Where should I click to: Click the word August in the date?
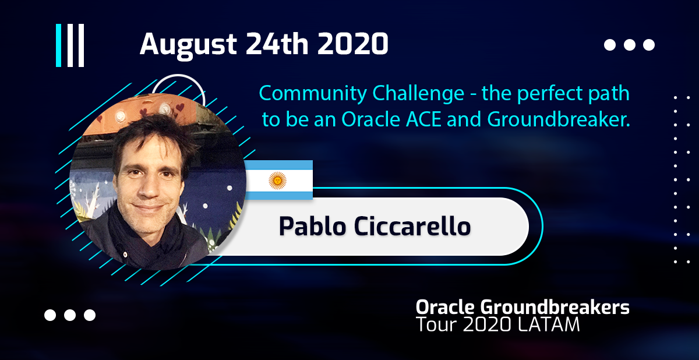tap(188, 45)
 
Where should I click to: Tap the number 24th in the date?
tap(277, 44)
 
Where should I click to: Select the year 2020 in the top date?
tap(353, 44)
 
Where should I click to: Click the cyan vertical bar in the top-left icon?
tap(58, 45)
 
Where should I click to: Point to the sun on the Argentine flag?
tap(277, 181)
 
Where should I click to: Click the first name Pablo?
tap(312, 226)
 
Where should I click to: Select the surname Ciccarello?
tap(412, 226)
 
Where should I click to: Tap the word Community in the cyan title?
tap(313, 94)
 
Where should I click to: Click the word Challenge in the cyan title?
tap(418, 94)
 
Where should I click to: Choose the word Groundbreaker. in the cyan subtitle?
tap(559, 119)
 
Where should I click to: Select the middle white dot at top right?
tap(630, 45)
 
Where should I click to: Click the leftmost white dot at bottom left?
tap(50, 315)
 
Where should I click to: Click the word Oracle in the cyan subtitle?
tap(370, 119)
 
